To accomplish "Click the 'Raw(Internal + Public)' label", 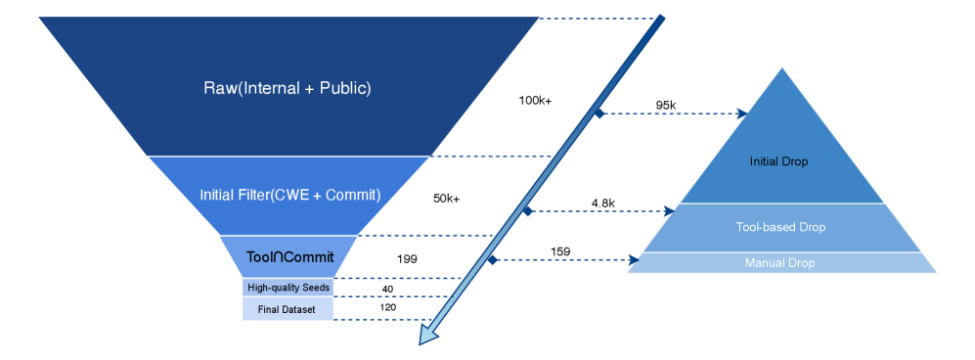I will point(288,88).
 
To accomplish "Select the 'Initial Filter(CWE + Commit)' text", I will point(289,195).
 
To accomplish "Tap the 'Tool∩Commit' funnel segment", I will point(288,257).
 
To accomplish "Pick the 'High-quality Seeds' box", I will point(288,288).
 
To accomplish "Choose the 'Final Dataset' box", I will point(288,310).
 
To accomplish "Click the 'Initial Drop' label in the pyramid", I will point(778,161).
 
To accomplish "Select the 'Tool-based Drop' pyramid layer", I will point(780,227).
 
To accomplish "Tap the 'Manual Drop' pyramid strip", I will point(779,263).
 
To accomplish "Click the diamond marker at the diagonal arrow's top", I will point(660,20).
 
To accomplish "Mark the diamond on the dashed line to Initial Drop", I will point(599,113).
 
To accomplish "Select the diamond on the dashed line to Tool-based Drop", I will point(527,210).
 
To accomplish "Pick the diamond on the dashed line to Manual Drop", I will point(493,259).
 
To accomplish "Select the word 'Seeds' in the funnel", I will point(314,288).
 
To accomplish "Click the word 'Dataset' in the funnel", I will point(300,310).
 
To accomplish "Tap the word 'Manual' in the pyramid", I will point(762,263).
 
